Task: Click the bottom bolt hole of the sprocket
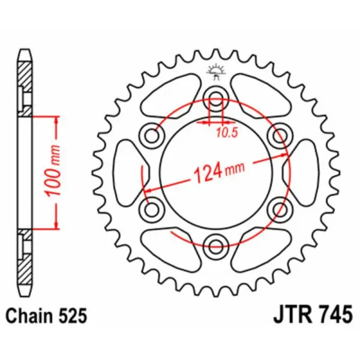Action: click(x=215, y=243)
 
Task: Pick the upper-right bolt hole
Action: click(x=279, y=136)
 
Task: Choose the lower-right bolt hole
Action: click(x=279, y=208)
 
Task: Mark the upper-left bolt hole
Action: click(x=151, y=136)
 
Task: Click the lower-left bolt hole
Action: click(x=151, y=208)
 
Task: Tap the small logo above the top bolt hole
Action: click(x=215, y=71)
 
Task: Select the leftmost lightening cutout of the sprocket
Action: click(x=127, y=171)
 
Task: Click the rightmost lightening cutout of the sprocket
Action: click(x=304, y=171)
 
